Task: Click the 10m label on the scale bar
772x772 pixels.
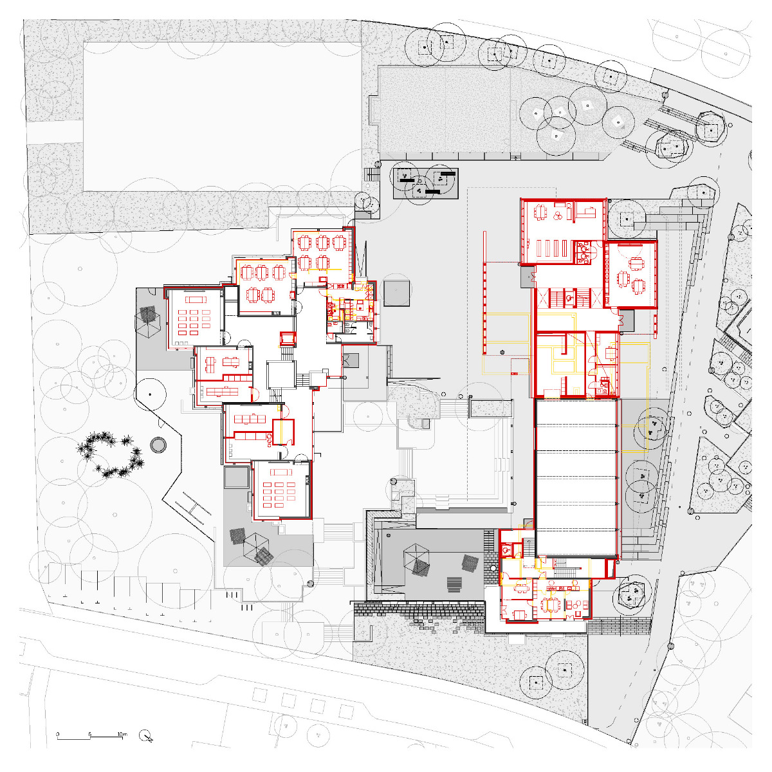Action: tap(122, 733)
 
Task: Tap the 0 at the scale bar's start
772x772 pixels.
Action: tap(57, 733)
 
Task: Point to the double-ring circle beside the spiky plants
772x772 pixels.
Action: tap(158, 445)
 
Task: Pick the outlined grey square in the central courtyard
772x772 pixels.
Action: tap(396, 293)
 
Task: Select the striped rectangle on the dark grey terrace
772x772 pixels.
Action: tap(455, 584)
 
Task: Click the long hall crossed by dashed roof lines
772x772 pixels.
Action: tap(576, 477)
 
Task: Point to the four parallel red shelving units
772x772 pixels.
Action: tap(551, 249)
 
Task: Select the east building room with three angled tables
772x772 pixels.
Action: tap(630, 273)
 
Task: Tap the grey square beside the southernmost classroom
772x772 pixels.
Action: tap(236, 477)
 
